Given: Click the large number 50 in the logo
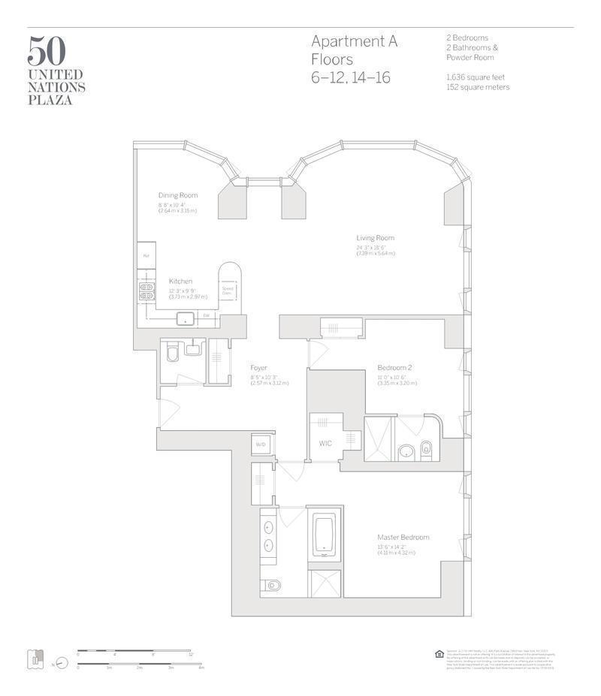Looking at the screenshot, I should [47, 50].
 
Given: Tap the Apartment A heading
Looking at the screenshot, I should [354, 42].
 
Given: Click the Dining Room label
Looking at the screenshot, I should [177, 195].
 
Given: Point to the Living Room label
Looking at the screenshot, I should [375, 238].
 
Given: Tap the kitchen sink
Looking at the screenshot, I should [185, 318].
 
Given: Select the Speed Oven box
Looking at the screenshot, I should [227, 289].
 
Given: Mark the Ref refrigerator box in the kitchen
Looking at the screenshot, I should [146, 255].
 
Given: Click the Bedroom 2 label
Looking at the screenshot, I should [394, 367].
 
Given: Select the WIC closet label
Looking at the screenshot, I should [325, 444].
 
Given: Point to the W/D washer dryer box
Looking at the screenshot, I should [261, 444].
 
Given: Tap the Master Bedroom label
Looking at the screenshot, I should [403, 537].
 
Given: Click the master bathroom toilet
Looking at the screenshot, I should [273, 585].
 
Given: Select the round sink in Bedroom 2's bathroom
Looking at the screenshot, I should [406, 450].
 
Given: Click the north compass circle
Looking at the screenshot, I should [62, 663].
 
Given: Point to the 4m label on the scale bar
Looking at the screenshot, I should [201, 667].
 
